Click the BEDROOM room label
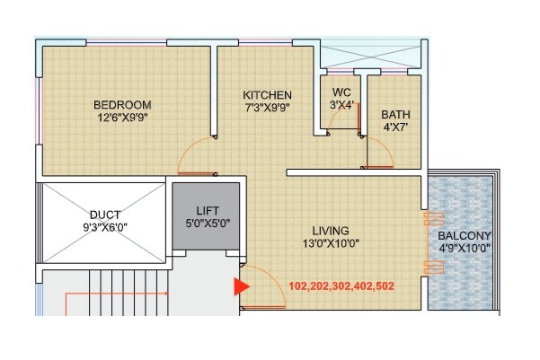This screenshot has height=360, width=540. tap(124, 104)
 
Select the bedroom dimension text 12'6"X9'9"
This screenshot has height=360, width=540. tap(124, 117)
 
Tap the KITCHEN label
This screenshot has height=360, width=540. tap(268, 94)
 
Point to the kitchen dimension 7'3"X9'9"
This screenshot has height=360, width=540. tap(268, 107)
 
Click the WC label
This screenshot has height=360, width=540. tap(341, 92)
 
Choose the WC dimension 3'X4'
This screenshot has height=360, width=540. tap(341, 104)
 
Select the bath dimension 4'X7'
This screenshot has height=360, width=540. tap(394, 127)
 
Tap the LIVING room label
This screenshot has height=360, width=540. tap(323, 231)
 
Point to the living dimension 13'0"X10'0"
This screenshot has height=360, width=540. tap(323, 243)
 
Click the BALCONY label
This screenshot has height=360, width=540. tap(464, 238)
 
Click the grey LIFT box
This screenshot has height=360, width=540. tap(206, 218)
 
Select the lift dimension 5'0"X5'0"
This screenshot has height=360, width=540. tap(206, 223)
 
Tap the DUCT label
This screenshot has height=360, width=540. tap(101, 215)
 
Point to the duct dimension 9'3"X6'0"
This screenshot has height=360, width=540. tap(101, 228)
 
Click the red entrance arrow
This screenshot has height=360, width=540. tap(241, 287)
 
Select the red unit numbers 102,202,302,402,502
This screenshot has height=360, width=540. tap(341, 287)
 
